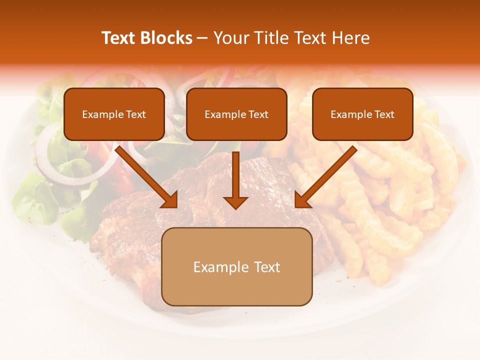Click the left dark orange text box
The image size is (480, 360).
tap(114, 114)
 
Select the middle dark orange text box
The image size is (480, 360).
tap(236, 114)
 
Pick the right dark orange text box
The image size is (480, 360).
tap(362, 114)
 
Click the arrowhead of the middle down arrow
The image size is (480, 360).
tap(235, 202)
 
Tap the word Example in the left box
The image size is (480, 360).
tap(98, 114)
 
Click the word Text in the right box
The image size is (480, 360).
tap(384, 114)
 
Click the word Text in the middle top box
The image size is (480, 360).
tap(258, 114)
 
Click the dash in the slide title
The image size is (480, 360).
tap(202, 38)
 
